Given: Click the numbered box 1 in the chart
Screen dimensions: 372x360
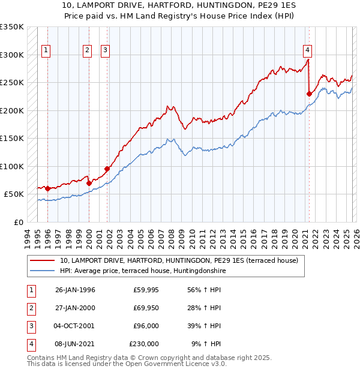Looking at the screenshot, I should (x=46, y=50).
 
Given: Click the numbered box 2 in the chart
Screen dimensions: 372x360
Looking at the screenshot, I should (x=87, y=50).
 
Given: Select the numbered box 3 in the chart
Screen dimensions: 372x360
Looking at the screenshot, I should (x=105, y=50).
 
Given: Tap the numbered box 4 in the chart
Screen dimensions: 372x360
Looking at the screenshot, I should (x=307, y=50).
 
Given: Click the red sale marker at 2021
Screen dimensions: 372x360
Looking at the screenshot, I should (x=310, y=94).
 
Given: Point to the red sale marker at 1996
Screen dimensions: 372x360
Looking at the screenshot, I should (x=48, y=188).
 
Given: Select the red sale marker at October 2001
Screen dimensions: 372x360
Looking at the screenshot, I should (x=107, y=169).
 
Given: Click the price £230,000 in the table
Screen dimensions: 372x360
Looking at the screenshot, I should (x=144, y=344).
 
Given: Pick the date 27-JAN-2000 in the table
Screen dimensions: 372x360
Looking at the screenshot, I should (x=75, y=308).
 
